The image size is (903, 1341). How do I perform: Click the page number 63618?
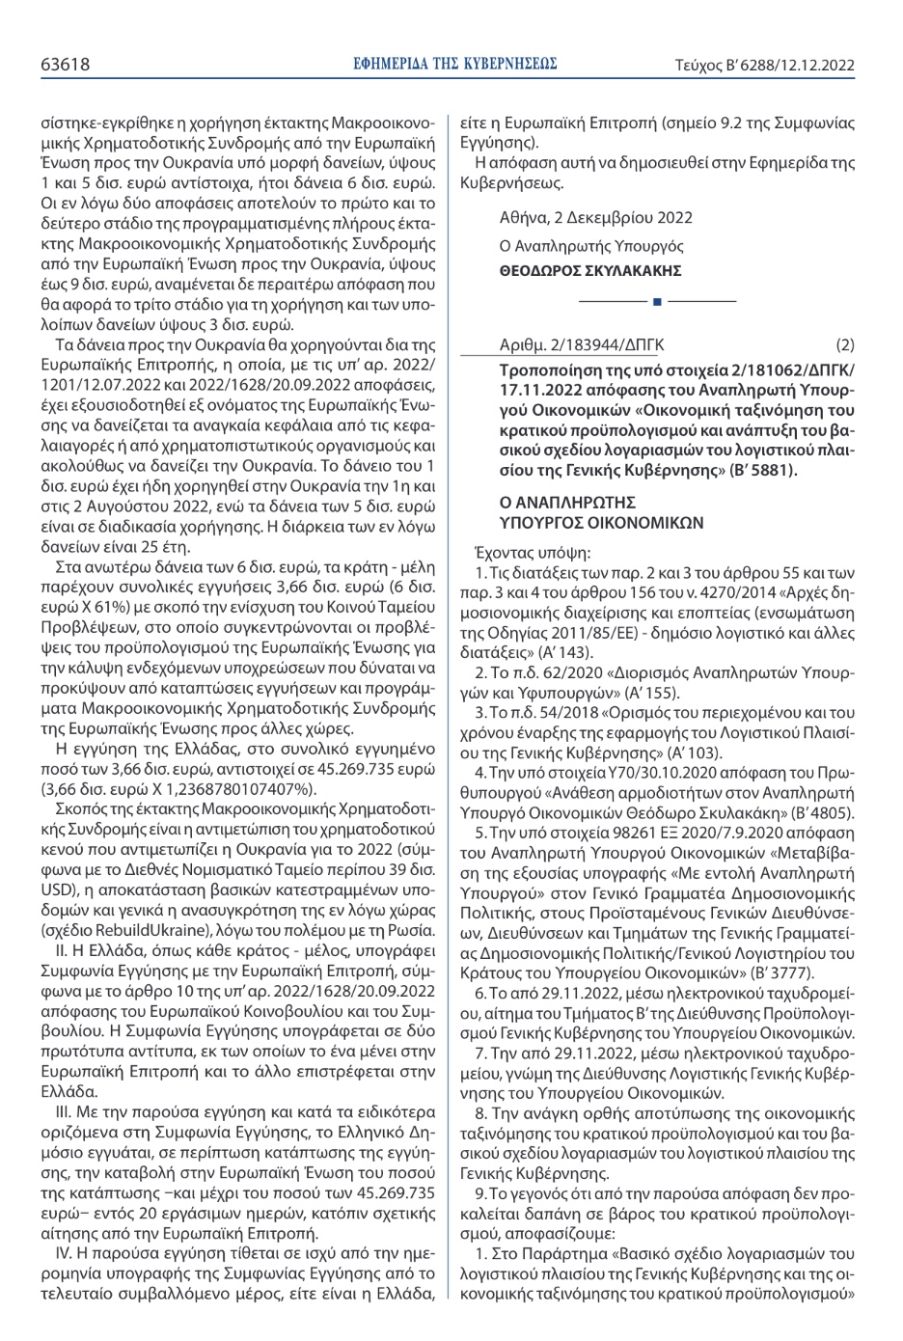click(65, 66)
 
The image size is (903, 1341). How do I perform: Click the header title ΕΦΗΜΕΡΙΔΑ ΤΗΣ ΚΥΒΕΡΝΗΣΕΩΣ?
click(456, 66)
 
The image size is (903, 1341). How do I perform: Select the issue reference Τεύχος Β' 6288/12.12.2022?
click(765, 66)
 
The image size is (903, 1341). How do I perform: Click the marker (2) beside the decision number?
click(845, 344)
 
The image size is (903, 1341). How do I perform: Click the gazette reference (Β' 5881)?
click(762, 470)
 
